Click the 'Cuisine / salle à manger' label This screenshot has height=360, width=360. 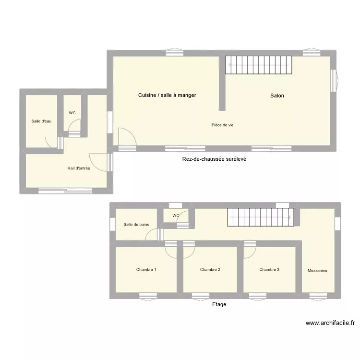pyautogui.click(x=167, y=95)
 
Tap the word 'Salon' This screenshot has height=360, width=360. pyautogui.click(x=277, y=96)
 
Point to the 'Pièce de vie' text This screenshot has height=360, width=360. pyautogui.click(x=222, y=125)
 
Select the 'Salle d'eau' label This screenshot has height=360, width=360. pyautogui.click(x=41, y=121)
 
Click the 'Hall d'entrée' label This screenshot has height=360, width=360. pyautogui.click(x=79, y=168)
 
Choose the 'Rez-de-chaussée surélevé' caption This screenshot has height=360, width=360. pyautogui.click(x=214, y=159)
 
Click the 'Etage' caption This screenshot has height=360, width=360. pyautogui.click(x=219, y=304)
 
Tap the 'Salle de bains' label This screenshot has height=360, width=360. pyautogui.click(x=136, y=224)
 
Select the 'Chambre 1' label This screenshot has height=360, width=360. pyautogui.click(x=146, y=269)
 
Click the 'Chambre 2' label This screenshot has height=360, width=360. pyautogui.click(x=210, y=269)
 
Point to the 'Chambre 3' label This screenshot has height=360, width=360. pyautogui.click(x=269, y=269)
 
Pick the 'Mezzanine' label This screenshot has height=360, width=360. pyautogui.click(x=317, y=271)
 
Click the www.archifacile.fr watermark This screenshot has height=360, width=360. pyautogui.click(x=330, y=324)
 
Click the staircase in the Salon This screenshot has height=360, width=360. pyautogui.click(x=259, y=65)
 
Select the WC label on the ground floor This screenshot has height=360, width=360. pyautogui.click(x=72, y=113)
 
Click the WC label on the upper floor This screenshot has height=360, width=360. pyautogui.click(x=176, y=216)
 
